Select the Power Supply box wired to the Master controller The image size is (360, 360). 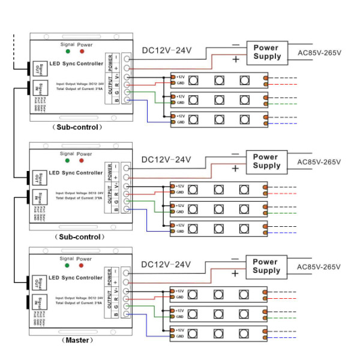266,266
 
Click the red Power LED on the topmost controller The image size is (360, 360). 82,53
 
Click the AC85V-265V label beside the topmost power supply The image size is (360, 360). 319,52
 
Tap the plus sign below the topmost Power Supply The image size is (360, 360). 235,59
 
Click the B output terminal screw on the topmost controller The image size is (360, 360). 127,100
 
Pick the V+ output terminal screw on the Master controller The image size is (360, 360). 127,290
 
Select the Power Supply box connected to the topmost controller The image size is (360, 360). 266,52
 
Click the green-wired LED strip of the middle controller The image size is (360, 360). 218,209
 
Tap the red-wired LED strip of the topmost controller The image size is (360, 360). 218,80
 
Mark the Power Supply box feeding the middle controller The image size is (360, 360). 266,161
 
